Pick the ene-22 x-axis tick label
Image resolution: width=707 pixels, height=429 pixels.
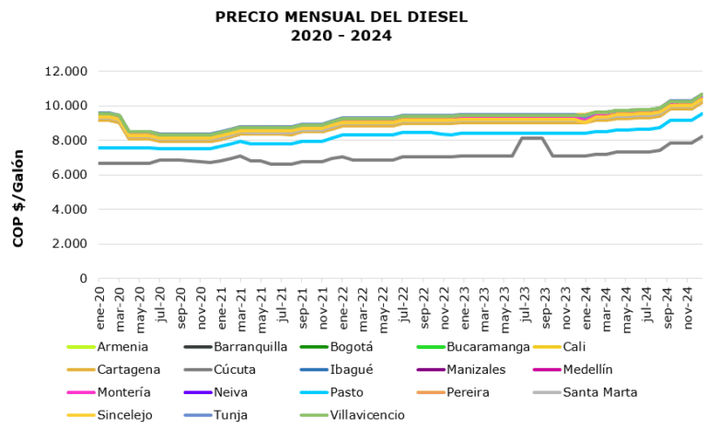[342, 301]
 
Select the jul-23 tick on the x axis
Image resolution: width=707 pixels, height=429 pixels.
[524, 300]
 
